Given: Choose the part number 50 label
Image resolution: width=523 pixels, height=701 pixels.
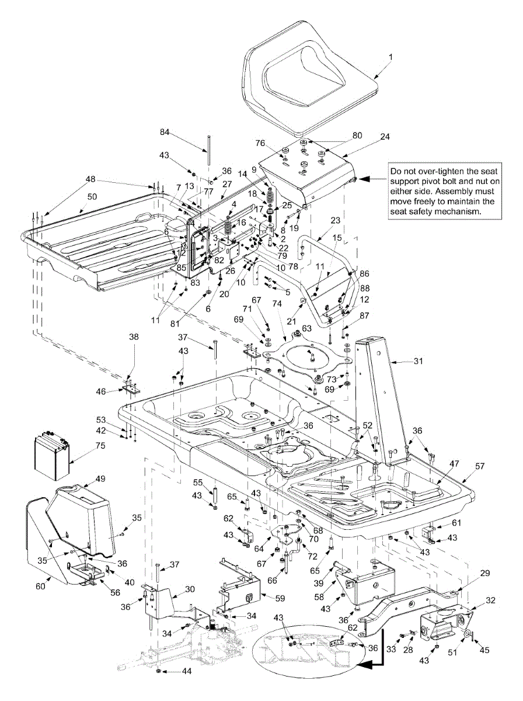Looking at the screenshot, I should click(92, 197).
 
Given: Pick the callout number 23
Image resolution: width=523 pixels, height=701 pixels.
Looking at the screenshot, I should click(335, 220).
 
